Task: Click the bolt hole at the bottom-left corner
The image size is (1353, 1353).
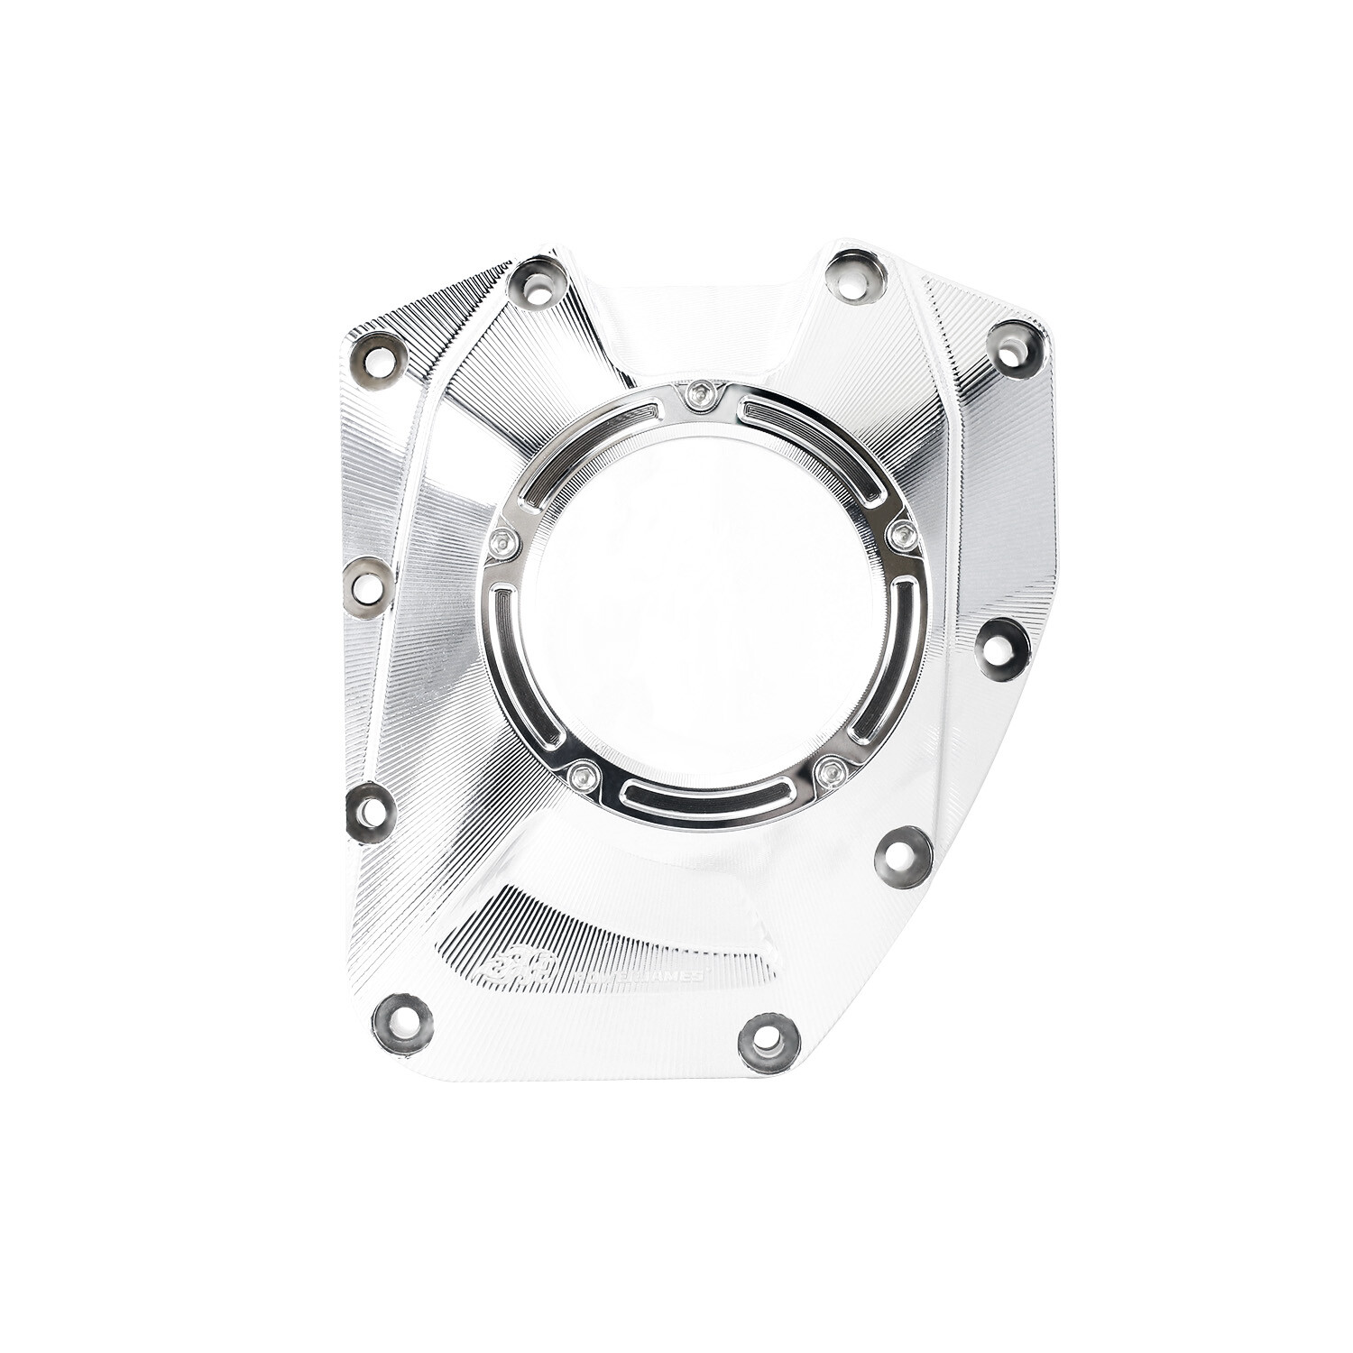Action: pyautogui.click(x=401, y=1023)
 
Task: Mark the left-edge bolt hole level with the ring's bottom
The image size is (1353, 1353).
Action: pyautogui.click(x=371, y=812)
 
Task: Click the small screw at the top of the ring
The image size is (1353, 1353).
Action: pyautogui.click(x=699, y=394)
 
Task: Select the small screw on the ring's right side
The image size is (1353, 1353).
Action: pyautogui.click(x=900, y=537)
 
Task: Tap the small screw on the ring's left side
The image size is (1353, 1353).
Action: pyautogui.click(x=502, y=542)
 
